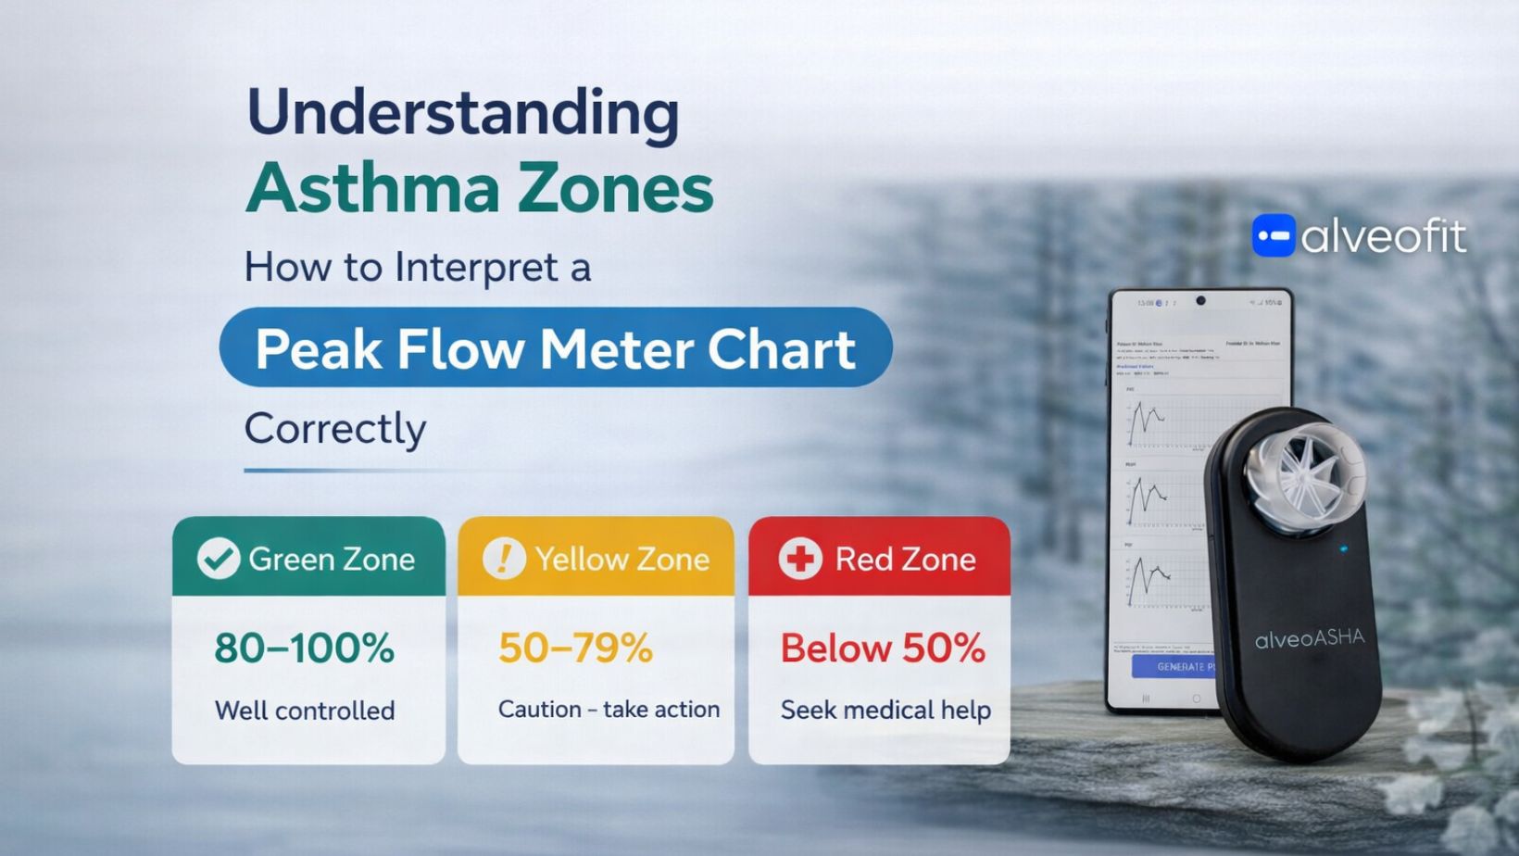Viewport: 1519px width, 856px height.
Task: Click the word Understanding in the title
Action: point(462,113)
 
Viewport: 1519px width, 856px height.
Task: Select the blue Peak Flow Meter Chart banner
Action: point(556,348)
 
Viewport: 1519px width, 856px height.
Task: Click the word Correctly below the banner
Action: point(335,428)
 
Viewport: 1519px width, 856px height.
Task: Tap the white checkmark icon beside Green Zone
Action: point(219,559)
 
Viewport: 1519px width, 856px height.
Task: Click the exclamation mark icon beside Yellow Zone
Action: point(504,559)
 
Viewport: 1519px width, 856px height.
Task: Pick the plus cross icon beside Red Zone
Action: point(799,559)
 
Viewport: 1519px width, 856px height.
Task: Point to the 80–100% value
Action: point(305,648)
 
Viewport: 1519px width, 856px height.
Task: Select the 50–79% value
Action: point(575,648)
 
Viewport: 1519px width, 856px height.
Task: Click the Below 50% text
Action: point(883,648)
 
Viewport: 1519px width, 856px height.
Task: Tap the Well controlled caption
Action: point(305,711)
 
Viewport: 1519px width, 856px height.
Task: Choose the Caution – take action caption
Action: point(609,710)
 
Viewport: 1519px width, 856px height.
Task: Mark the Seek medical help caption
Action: point(885,710)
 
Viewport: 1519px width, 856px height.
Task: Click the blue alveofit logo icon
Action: point(1274,236)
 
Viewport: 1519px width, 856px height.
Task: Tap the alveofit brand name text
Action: point(1384,237)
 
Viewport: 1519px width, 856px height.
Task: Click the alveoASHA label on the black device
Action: point(1310,638)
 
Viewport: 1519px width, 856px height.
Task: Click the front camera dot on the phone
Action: point(1200,301)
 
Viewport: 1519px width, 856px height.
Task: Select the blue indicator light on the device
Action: point(1344,549)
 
